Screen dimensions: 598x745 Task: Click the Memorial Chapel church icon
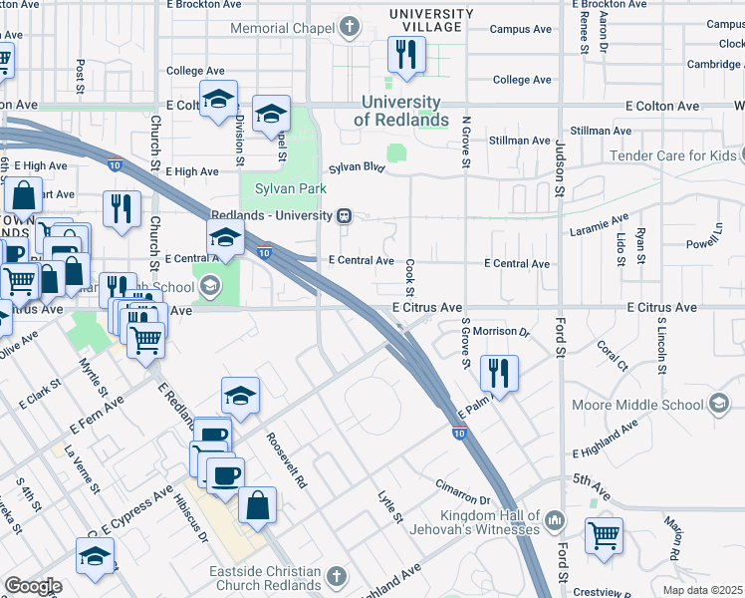pyautogui.click(x=350, y=28)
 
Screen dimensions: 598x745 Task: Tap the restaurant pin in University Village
pyautogui.click(x=405, y=56)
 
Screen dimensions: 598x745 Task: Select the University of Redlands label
pyautogui.click(x=401, y=111)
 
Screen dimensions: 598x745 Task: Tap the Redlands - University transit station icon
pyautogui.click(x=344, y=215)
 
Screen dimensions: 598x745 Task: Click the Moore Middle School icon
pyautogui.click(x=717, y=405)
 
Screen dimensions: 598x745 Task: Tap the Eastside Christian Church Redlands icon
pyautogui.click(x=337, y=576)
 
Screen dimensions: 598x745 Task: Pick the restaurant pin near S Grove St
pyautogui.click(x=498, y=374)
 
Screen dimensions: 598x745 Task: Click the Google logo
pyautogui.click(x=32, y=586)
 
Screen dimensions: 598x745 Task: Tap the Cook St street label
pyautogui.click(x=409, y=271)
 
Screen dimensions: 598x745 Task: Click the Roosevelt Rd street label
pyautogui.click(x=286, y=459)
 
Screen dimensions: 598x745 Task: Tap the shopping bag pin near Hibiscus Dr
pyautogui.click(x=257, y=505)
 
